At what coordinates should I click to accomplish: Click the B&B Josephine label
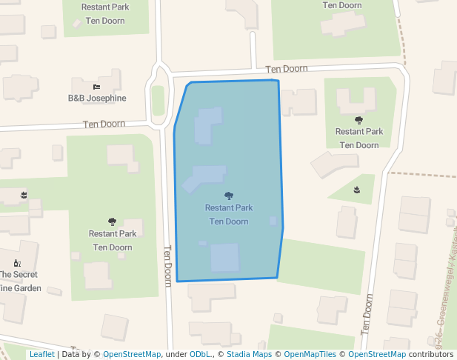97,98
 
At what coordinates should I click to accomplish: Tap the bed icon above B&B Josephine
96,87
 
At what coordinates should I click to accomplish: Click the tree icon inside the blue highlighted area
229,196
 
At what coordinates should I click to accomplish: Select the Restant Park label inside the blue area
229,208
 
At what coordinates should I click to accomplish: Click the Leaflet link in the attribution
41,354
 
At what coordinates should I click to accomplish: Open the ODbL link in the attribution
201,354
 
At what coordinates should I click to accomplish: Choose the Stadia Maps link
249,354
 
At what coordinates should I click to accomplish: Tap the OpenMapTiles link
310,354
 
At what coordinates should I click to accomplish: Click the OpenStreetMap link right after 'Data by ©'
131,354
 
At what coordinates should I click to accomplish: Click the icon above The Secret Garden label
17,262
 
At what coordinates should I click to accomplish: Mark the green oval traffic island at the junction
158,100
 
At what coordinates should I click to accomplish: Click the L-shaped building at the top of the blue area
208,125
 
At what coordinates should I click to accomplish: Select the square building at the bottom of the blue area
224,257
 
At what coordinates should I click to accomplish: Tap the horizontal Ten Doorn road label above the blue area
287,69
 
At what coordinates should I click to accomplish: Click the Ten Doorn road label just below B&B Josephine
104,124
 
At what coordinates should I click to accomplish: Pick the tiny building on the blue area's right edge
273,221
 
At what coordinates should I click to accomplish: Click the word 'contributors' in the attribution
431,354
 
